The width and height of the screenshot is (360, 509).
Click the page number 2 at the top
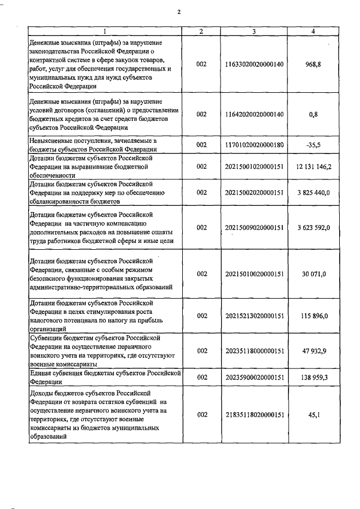pos(179,12)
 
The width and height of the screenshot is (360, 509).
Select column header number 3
pos(254,31)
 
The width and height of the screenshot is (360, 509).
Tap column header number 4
pos(313,31)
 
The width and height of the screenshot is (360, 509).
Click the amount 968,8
pos(314,64)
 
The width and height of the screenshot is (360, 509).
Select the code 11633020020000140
pos(254,64)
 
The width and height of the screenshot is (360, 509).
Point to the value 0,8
pos(314,114)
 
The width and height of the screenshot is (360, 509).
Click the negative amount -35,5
pos(314,145)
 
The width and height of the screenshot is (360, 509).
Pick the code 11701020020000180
pos(254,145)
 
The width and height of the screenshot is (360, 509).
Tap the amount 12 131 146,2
pos(314,167)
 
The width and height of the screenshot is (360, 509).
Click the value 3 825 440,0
pos(314,192)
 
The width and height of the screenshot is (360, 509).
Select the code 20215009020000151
pos(254,227)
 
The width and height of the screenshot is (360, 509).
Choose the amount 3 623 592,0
pos(314,227)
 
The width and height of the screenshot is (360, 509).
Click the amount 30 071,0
pos(314,274)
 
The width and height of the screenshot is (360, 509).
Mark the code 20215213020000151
pos(254,316)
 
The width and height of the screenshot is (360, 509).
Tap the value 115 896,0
pos(314,316)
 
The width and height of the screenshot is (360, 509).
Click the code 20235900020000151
pos(254,377)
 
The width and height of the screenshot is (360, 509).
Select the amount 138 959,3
pos(314,377)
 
